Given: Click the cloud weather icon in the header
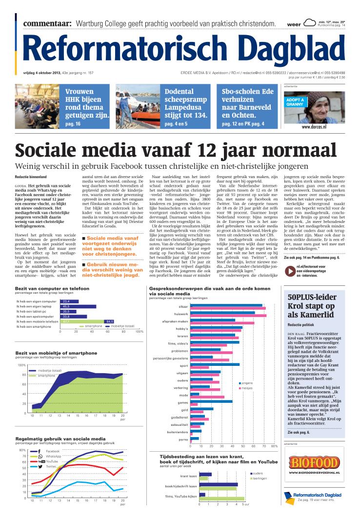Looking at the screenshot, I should [x=309, y=22].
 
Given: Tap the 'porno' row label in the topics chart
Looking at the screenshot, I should [x=183, y=440].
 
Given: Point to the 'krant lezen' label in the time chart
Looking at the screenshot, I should [x=188, y=476].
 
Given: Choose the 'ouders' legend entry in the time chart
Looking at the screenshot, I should [x=258, y=473].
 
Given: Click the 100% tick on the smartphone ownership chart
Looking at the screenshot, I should [x=21, y=365].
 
